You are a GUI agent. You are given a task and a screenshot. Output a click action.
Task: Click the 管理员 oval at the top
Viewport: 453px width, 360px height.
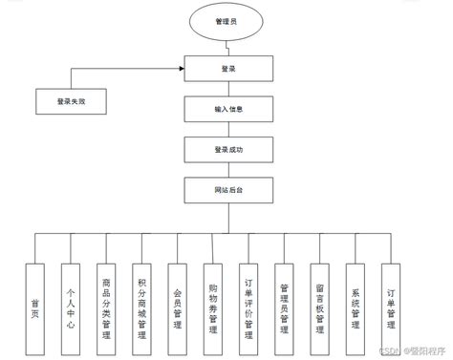[x=226, y=20]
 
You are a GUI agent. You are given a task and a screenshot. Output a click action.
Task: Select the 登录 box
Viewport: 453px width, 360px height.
[x=226, y=69]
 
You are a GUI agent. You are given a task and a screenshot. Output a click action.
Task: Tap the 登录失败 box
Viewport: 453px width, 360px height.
[x=70, y=99]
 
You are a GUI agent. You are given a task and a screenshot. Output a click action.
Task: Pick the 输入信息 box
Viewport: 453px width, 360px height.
[x=226, y=109]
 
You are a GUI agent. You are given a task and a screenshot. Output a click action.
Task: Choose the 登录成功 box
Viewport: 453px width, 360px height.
[x=226, y=150]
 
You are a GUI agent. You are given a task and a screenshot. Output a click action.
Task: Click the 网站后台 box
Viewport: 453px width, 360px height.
[x=226, y=191]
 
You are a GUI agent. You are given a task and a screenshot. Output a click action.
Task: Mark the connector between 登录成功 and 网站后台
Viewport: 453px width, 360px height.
[x=226, y=170]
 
